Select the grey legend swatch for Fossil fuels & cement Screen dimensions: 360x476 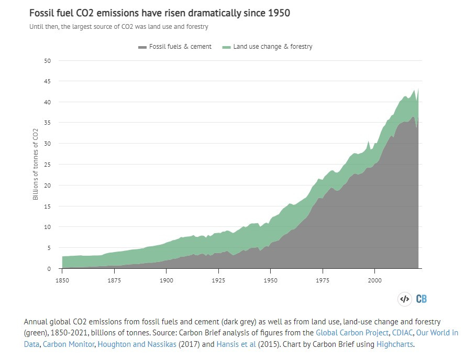[x=142, y=47]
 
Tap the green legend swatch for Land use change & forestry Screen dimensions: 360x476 [x=226, y=47]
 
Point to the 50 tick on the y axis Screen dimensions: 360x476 [x=48, y=61]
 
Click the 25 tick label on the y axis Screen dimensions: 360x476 [x=48, y=165]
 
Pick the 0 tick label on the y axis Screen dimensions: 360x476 [x=49, y=269]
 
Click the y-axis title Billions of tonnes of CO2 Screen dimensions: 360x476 [x=36, y=165]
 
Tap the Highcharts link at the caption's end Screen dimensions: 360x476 [x=395, y=344]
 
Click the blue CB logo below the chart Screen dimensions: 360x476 [x=422, y=299]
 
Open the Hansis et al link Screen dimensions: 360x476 [x=237, y=344]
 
